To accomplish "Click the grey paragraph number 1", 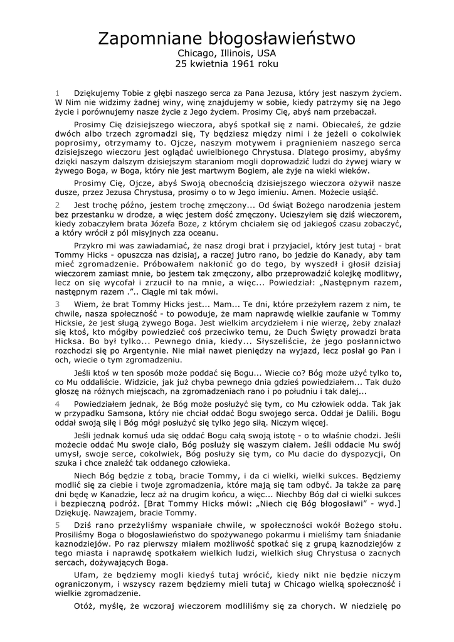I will coord(57,92).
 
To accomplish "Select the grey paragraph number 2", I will coord(57,204).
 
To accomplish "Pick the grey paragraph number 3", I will coord(57,303).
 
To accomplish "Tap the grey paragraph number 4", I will coord(57,405).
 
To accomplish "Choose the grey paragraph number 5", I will coord(57,524).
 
